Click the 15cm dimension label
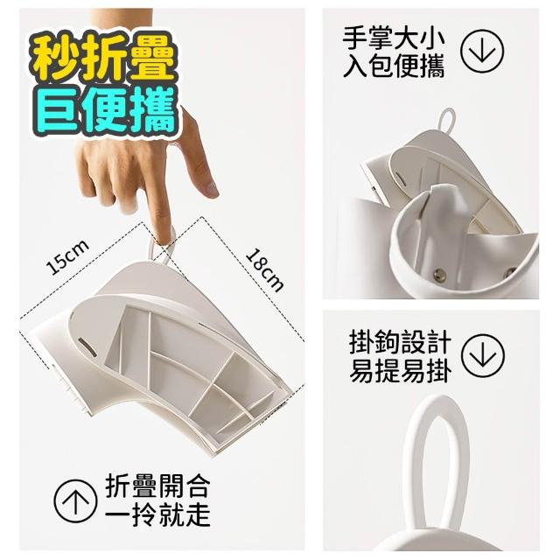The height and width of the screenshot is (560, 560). pyautogui.click(x=68, y=257)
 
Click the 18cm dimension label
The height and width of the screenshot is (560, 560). pyautogui.click(x=264, y=270)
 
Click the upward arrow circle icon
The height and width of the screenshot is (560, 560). pyautogui.click(x=75, y=501)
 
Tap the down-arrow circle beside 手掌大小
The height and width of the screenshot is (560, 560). pyautogui.click(x=482, y=51)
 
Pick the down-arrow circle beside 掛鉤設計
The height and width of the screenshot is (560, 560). pyautogui.click(x=482, y=355)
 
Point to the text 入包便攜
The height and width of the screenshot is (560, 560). pyautogui.click(x=394, y=66)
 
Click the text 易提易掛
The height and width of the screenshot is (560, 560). pyautogui.click(x=400, y=370)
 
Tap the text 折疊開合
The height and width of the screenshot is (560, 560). pyautogui.click(x=157, y=486)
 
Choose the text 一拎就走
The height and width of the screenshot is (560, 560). pyautogui.click(x=157, y=514)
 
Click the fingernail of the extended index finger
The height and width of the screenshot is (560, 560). pyautogui.click(x=210, y=189)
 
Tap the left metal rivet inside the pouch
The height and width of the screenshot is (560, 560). pyautogui.click(x=439, y=275)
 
